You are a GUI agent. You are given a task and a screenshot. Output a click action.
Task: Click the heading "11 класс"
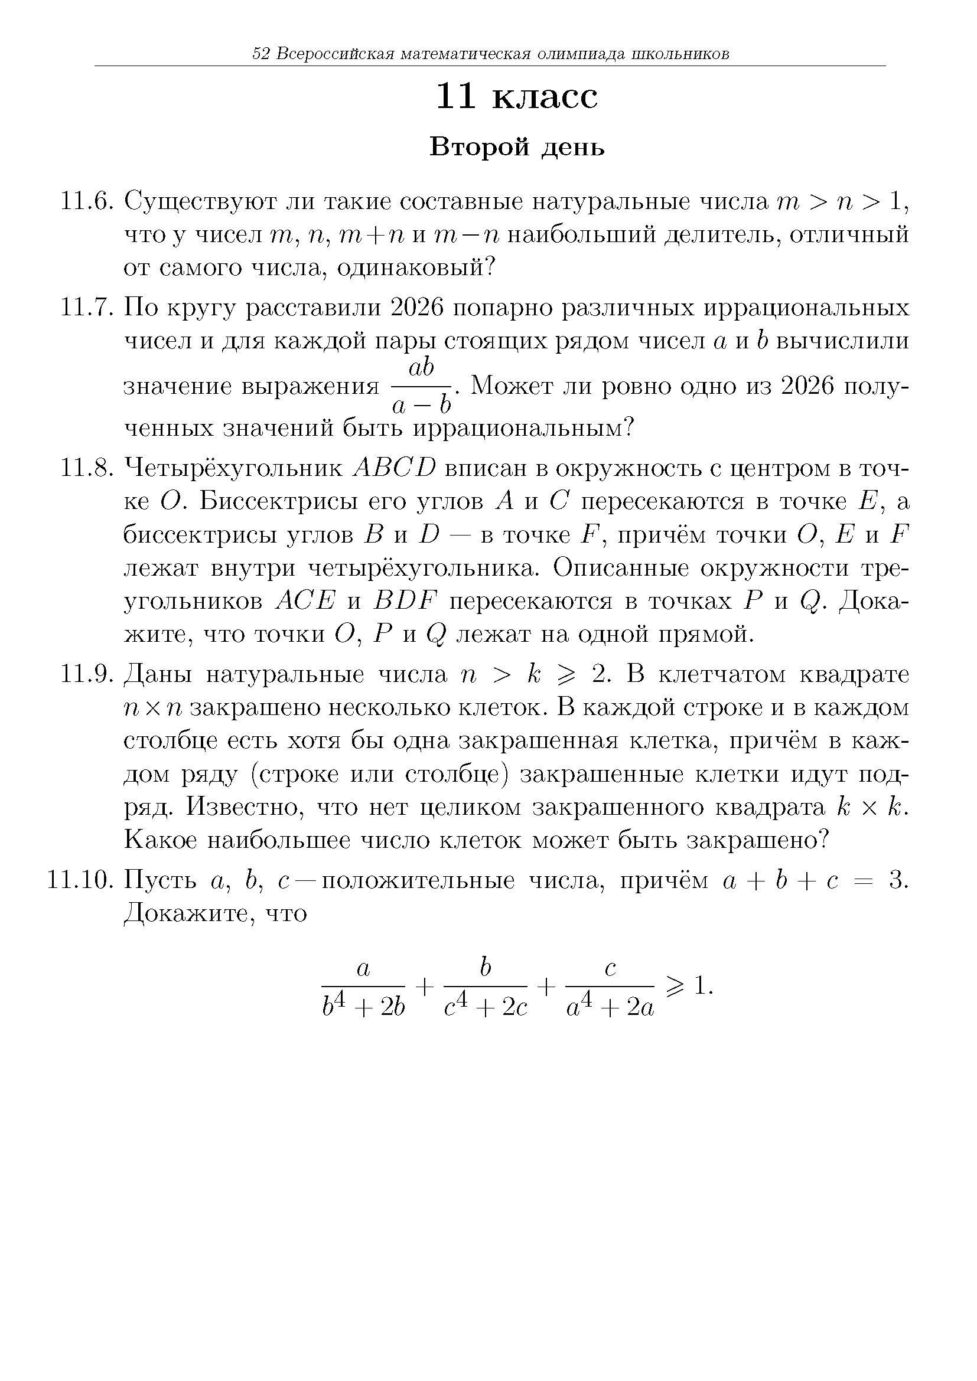(517, 97)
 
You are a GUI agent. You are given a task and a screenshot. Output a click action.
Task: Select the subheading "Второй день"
(517, 148)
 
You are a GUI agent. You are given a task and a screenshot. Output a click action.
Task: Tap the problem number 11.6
(87, 202)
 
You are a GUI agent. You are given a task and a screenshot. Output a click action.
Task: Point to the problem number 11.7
(87, 308)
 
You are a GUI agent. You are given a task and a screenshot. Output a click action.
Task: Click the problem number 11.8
(87, 468)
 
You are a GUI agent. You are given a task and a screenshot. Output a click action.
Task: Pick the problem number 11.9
(87, 674)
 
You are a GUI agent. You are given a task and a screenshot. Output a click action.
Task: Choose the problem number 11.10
(80, 880)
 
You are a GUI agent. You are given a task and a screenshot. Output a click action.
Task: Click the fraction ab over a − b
(421, 386)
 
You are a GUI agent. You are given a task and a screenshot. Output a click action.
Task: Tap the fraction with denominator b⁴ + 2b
(363, 988)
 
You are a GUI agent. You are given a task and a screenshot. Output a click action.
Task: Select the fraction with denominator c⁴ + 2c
(486, 988)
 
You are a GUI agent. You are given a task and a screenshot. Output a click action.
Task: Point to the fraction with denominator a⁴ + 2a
(610, 988)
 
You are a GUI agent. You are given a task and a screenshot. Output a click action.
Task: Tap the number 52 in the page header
(260, 54)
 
